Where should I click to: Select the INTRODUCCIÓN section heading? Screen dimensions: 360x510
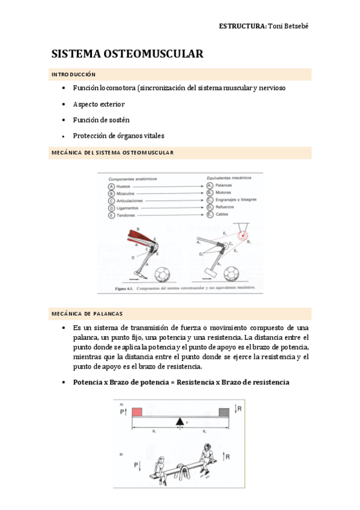click(73, 75)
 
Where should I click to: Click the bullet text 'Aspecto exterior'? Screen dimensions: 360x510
click(99, 104)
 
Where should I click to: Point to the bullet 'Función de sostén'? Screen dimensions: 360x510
click(101, 120)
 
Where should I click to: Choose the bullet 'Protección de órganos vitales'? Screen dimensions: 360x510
click(118, 136)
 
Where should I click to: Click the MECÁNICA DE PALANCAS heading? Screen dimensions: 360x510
click(87, 314)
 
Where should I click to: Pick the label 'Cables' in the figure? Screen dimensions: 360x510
click(222, 215)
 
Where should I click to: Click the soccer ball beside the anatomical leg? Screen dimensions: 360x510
click(162, 274)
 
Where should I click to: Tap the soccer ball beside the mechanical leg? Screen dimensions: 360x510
click(231, 274)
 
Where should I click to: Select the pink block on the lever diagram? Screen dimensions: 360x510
click(136, 412)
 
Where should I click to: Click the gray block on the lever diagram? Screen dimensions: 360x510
click(224, 412)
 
